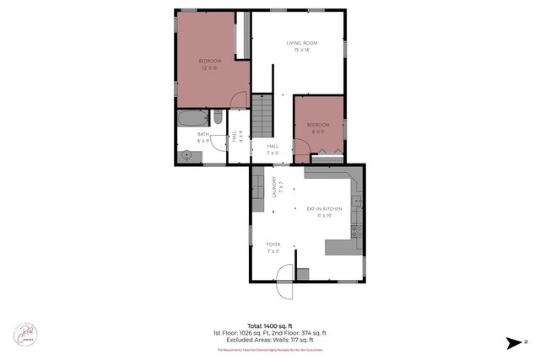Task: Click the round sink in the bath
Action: [186, 154]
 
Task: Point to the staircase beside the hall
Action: [263, 116]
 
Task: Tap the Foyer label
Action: [273, 244]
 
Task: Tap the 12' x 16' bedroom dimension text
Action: [209, 67]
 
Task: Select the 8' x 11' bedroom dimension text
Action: [317, 132]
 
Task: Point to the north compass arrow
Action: [514, 341]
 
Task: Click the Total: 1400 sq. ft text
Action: [270, 325]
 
